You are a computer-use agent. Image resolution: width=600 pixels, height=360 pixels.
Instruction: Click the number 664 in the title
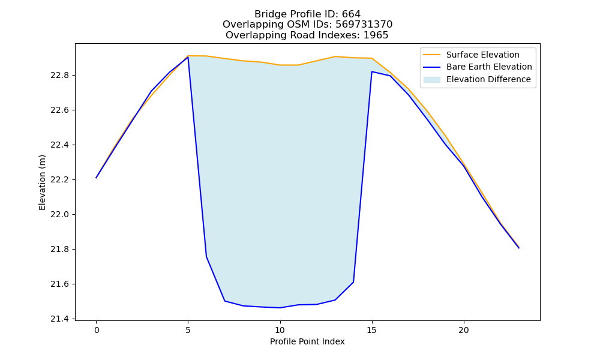click(351, 14)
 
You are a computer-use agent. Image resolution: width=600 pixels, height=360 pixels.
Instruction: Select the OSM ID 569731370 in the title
click(364, 25)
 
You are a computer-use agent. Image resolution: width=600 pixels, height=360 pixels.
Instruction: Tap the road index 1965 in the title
click(376, 35)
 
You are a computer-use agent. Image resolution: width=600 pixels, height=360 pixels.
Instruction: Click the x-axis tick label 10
click(280, 330)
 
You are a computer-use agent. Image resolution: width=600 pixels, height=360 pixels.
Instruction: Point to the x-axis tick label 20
click(464, 330)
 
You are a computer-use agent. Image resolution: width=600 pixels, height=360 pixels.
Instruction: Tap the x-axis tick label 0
click(97, 330)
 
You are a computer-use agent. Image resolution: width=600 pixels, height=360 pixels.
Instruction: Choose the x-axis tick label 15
click(372, 330)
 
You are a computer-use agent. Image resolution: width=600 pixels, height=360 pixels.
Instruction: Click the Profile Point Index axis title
click(307, 341)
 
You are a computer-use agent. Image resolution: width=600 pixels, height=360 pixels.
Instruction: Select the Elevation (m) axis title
click(42, 182)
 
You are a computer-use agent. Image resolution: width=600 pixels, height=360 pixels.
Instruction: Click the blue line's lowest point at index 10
click(280, 308)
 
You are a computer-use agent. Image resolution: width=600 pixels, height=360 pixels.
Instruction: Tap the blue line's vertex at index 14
click(353, 283)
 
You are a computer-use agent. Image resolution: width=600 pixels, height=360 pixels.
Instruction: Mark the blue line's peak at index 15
click(372, 71)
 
